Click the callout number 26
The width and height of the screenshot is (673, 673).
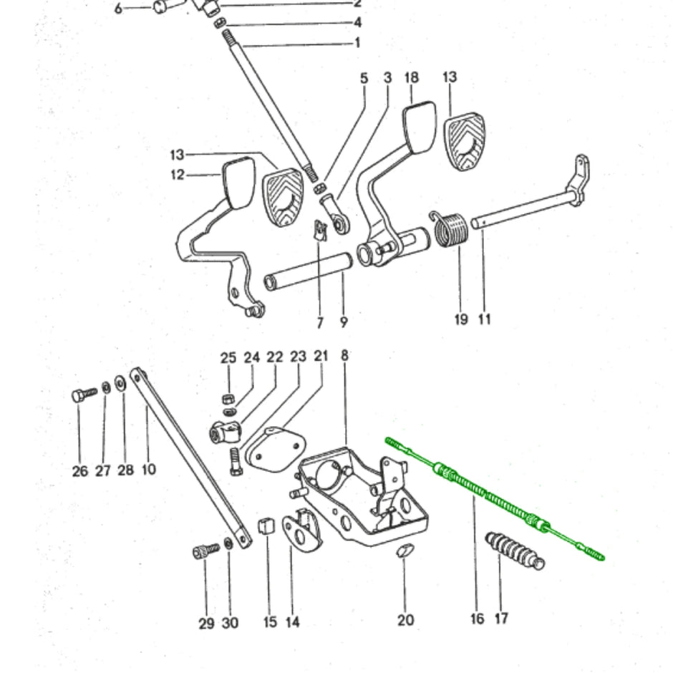click(80, 470)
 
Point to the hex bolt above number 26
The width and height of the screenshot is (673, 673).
click(83, 394)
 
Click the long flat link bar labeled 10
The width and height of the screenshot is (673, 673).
click(190, 465)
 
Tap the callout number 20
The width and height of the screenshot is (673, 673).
click(405, 619)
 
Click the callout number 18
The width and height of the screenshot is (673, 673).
click(412, 77)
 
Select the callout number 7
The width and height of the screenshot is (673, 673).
click(320, 323)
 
